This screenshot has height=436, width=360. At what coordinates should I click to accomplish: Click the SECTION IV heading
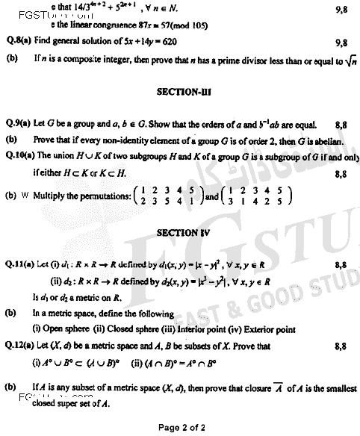point(179,231)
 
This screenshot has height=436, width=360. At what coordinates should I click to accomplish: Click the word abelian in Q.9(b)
point(327,140)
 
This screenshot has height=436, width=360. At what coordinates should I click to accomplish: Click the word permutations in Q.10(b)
point(95,197)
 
